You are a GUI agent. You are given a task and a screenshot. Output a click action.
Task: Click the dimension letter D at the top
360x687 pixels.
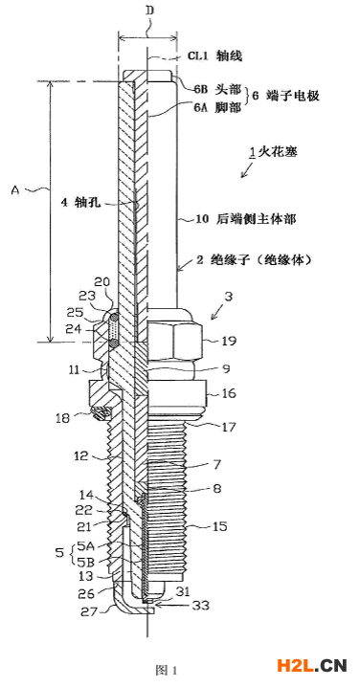tap(150, 11)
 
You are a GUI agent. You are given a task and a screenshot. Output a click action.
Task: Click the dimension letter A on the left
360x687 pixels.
tap(15, 190)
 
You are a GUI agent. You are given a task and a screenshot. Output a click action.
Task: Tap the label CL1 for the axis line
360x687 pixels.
tap(198, 56)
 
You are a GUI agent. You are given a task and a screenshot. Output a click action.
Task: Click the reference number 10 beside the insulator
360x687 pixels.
tap(200, 219)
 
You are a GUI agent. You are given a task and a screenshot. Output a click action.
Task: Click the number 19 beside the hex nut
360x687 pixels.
tap(230, 340)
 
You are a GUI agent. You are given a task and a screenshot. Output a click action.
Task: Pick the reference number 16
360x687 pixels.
tap(230, 393)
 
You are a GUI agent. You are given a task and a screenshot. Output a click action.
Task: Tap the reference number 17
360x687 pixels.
tap(230, 427)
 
